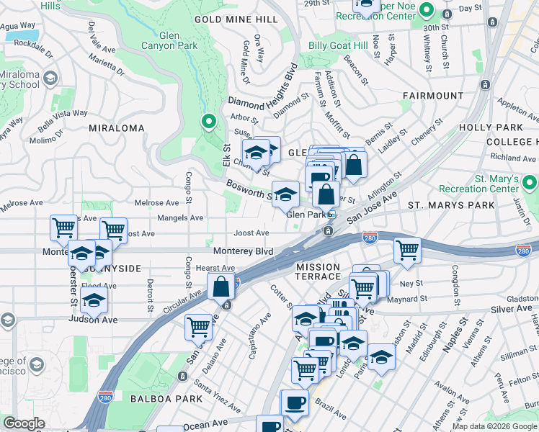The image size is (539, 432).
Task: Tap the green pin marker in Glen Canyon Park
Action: point(209,123)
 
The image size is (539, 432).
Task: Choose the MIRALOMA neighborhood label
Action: point(116,127)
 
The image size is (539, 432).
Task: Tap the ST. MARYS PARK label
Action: point(443,205)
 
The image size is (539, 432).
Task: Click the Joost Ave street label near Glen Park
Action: point(251,233)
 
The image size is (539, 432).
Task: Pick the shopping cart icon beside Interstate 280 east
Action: point(407,251)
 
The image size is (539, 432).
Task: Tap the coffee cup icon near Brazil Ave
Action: point(294,402)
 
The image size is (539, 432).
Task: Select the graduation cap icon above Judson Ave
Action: point(94,299)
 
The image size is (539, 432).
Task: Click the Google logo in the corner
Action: point(24,423)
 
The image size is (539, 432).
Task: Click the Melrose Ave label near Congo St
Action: point(161,203)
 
